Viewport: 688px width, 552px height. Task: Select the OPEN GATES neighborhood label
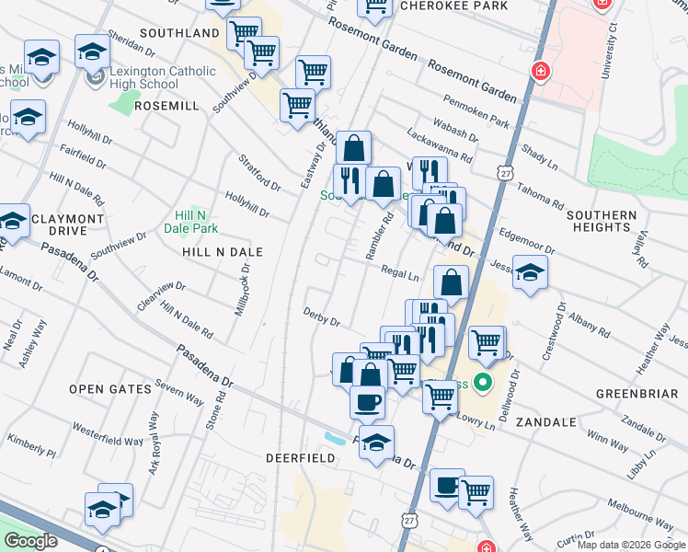[109, 389]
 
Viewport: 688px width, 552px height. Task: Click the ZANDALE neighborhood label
[545, 422]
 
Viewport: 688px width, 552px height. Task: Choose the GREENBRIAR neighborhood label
[636, 393]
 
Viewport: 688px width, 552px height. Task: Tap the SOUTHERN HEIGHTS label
[602, 222]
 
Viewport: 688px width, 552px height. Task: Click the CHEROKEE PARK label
[453, 5]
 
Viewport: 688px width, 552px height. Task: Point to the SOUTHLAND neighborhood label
[179, 33]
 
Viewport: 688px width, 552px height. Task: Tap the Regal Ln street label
[400, 272]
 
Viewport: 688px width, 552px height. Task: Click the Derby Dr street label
[322, 316]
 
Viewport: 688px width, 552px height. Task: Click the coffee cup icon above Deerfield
[368, 402]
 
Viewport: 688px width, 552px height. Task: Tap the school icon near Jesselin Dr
[530, 273]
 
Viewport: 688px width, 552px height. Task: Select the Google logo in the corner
[30, 541]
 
